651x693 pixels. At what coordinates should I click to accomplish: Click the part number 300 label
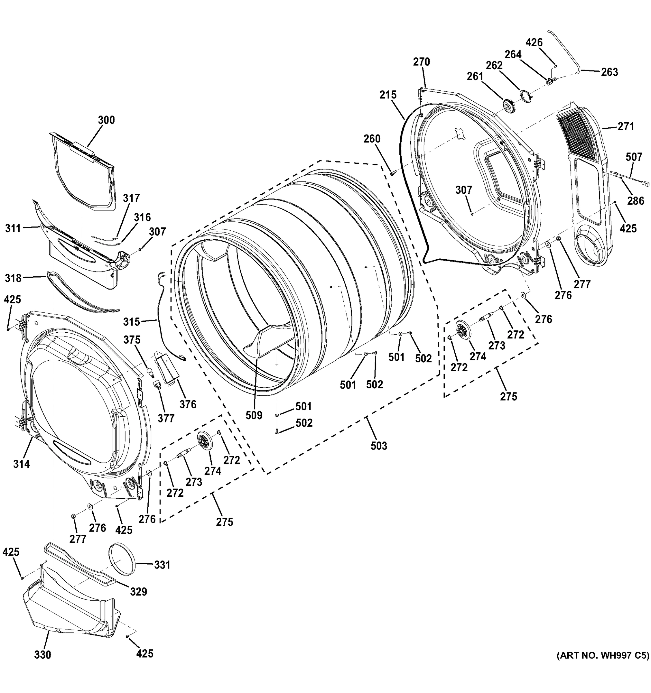pos(106,120)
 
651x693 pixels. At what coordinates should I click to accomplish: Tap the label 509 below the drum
pos(254,415)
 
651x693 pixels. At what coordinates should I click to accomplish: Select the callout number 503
pos(379,446)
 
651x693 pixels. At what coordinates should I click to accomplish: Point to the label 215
pos(388,94)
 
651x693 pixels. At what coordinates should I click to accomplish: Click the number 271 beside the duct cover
pos(626,126)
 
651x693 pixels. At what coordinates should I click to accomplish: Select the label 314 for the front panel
pos(22,464)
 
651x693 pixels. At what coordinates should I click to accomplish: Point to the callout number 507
pos(634,157)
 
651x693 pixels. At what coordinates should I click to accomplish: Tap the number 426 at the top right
pos(534,42)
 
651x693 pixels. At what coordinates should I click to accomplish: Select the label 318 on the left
pos(13,278)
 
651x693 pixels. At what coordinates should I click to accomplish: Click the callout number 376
pos(188,404)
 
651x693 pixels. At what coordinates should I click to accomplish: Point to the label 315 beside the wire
pos(132,321)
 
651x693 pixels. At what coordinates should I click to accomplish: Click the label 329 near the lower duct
pos(139,592)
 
